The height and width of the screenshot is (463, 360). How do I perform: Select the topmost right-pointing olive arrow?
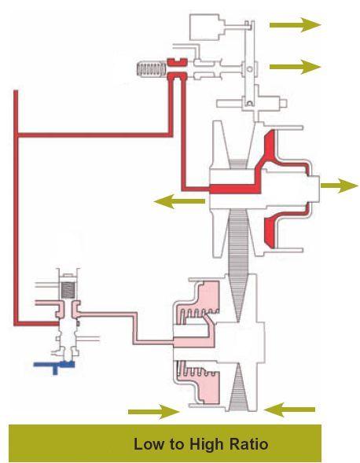click(x=295, y=24)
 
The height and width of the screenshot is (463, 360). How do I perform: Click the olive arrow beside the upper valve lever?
click(x=295, y=67)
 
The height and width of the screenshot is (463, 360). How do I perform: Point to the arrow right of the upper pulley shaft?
click(x=340, y=186)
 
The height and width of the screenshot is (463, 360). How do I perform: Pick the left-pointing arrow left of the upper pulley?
click(x=179, y=201)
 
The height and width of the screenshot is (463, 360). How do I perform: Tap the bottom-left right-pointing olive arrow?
click(x=153, y=412)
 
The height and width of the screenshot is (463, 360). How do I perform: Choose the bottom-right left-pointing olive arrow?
click(x=289, y=410)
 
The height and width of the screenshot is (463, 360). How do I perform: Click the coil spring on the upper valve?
click(x=151, y=70)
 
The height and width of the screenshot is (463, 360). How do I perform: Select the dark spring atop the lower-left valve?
click(x=68, y=289)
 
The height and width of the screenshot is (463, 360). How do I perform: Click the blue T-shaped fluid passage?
click(x=54, y=366)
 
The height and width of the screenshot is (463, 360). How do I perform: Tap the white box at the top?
click(x=207, y=27)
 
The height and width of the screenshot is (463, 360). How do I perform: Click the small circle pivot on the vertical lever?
click(x=249, y=69)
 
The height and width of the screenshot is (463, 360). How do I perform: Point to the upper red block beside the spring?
click(x=177, y=62)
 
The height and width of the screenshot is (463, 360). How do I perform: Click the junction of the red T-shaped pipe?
click(x=17, y=135)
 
